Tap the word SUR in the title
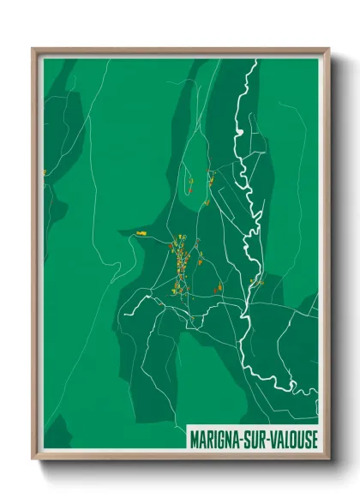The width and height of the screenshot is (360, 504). (x=258, y=438)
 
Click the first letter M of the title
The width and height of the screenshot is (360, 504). (x=195, y=438)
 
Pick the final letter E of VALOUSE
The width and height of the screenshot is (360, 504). (x=314, y=438)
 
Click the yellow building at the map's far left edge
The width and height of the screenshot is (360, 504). (x=45, y=173)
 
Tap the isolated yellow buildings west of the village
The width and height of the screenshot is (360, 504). (x=141, y=232)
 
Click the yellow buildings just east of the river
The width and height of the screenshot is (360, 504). (x=255, y=281)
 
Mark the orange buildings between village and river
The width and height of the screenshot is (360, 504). (x=218, y=287)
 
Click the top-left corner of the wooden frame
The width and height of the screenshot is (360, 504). (x=33, y=49)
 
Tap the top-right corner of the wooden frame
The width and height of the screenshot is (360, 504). (x=328, y=49)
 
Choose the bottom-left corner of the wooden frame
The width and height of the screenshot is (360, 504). (x=33, y=459)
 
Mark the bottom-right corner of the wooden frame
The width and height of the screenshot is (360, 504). (x=328, y=459)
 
